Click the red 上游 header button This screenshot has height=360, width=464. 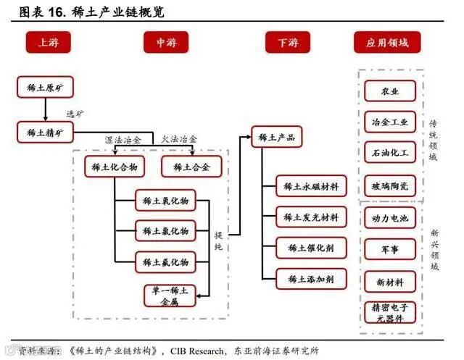[x=48, y=43]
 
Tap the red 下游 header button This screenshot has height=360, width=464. [x=288, y=43]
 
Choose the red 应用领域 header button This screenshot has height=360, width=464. [x=387, y=43]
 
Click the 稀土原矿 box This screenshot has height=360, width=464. [x=45, y=88]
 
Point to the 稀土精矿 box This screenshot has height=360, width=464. [x=45, y=132]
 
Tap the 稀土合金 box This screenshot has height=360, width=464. [x=191, y=167]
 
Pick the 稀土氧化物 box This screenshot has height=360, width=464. [x=165, y=201]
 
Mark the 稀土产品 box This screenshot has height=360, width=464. [x=276, y=138]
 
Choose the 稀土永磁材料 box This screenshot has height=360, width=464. [x=311, y=186]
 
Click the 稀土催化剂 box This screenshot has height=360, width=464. [x=311, y=248]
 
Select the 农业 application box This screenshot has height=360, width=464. [x=390, y=91]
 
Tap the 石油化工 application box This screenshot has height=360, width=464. [x=390, y=153]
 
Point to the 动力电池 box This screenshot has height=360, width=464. [x=390, y=218]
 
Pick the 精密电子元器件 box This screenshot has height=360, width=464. [x=390, y=313]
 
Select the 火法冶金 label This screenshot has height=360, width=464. [x=179, y=139]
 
